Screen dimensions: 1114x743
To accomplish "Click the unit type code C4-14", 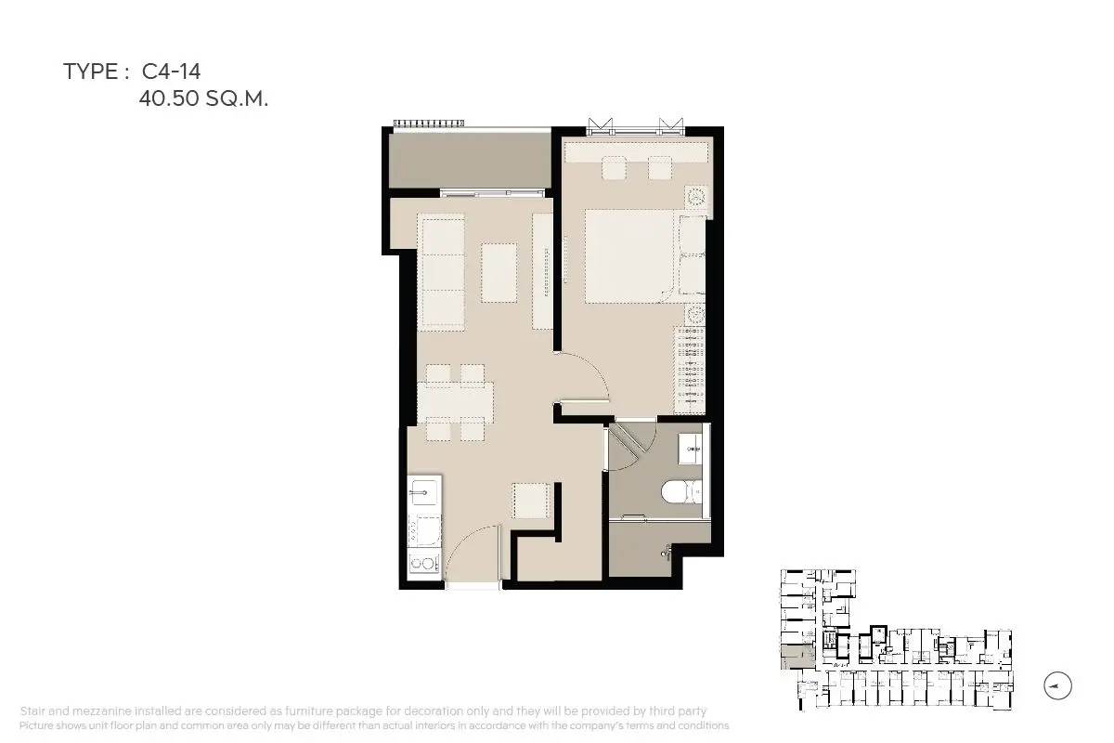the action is (171, 72).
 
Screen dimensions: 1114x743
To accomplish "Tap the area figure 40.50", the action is (169, 98).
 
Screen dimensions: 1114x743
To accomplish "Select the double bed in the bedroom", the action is (629, 256).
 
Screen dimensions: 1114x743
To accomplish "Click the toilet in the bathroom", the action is (681, 491).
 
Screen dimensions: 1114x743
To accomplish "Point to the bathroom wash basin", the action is (691, 449).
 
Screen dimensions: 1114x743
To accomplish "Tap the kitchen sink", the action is (423, 491).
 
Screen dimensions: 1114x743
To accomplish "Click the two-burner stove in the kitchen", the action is (423, 564).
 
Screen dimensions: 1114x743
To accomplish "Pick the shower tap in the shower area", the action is (667, 553).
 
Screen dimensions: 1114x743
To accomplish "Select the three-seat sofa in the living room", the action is (442, 272).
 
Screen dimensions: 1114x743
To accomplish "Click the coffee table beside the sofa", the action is (499, 272).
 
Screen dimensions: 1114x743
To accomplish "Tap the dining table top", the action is (455, 402).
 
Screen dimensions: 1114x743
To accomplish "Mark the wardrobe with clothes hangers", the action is (690, 370).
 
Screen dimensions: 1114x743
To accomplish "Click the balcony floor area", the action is (470, 161).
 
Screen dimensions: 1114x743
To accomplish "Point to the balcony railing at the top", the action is (429, 123).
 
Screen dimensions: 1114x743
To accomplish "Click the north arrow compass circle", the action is (1057, 685).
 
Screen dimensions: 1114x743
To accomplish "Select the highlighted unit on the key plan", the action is (797, 657).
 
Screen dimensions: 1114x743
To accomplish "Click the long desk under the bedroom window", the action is (636, 153).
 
